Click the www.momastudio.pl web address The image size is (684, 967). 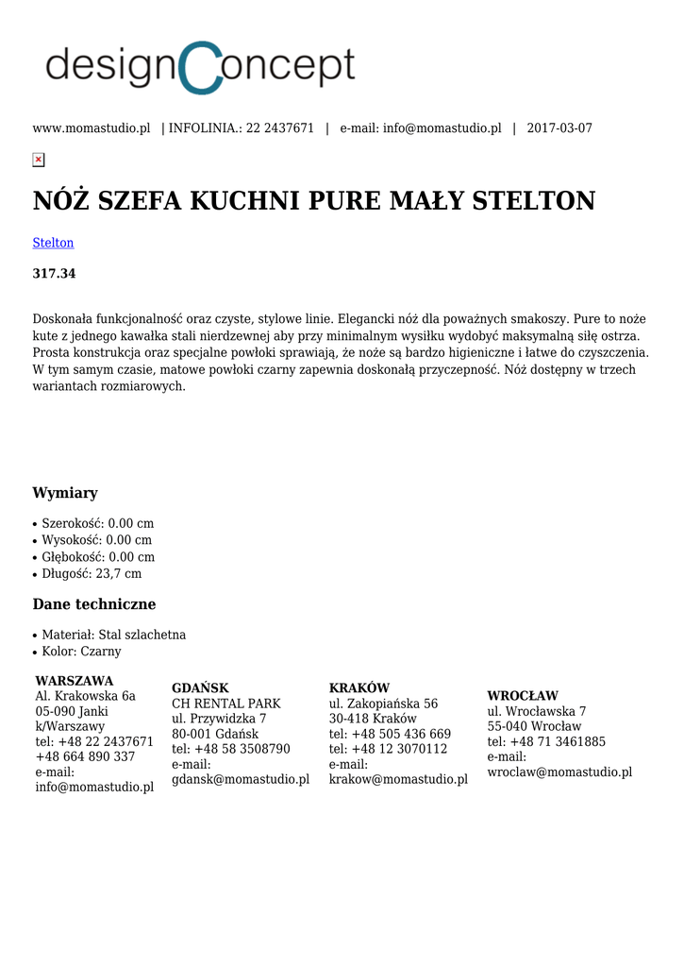tap(92, 128)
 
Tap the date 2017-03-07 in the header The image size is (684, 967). tap(559, 128)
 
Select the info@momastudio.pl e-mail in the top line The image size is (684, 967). tap(442, 128)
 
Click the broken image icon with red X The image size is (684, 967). tap(39, 160)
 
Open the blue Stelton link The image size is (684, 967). tap(53, 243)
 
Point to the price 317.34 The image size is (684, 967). tap(54, 274)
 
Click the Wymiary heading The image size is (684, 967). tap(65, 493)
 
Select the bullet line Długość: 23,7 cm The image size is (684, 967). tap(92, 573)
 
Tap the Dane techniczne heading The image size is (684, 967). tap(94, 604)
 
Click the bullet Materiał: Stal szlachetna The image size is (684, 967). tap(113, 635)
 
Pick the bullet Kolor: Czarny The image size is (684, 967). tap(81, 652)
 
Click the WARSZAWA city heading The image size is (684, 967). tap(75, 681)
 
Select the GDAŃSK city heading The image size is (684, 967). tap(200, 688)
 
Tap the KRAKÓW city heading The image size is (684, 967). tap(359, 688)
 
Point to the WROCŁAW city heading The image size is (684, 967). tap(523, 696)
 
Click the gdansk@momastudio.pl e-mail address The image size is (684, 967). tap(241, 779)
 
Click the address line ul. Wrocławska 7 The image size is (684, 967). tap(537, 711)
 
